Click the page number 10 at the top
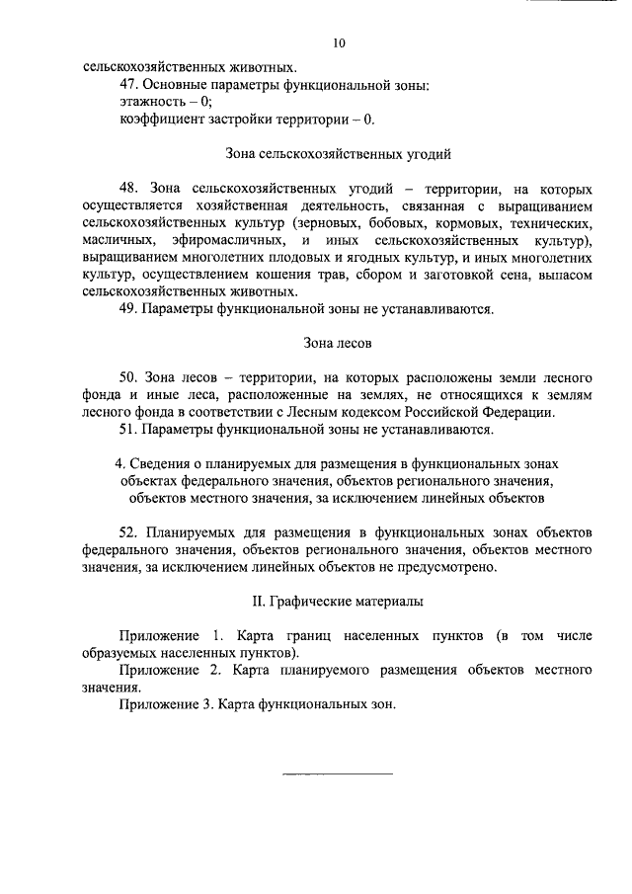point(340,44)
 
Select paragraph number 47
point(128,85)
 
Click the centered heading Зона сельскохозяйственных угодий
point(339,154)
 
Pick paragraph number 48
point(128,189)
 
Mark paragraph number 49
point(128,309)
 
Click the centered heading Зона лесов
point(339,344)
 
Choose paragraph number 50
point(128,378)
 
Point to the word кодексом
point(394,413)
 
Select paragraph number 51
point(128,430)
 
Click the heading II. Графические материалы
point(339,603)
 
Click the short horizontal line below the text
point(338,772)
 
